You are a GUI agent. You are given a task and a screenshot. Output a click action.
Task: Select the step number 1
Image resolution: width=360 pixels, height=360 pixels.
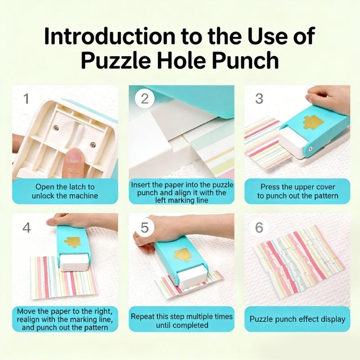tap(26, 99)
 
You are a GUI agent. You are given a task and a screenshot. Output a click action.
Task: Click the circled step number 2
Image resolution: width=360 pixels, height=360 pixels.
tap(144, 99)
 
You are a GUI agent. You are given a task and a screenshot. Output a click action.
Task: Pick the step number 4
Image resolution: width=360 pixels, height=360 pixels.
tap(26, 228)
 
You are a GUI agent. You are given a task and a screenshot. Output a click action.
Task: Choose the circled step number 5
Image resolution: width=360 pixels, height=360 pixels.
tap(144, 228)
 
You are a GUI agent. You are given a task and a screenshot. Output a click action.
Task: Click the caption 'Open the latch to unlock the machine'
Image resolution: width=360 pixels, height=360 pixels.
tap(65, 191)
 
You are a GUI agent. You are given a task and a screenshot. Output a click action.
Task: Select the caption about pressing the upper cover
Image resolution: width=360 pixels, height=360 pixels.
tap(297, 191)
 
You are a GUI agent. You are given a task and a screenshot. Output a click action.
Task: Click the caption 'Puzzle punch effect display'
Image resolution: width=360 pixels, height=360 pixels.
tap(297, 319)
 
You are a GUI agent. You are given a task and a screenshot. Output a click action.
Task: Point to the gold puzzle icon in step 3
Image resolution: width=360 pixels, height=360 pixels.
tap(312, 121)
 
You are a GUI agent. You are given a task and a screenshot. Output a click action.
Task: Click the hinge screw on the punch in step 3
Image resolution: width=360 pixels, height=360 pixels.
tap(310, 148)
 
